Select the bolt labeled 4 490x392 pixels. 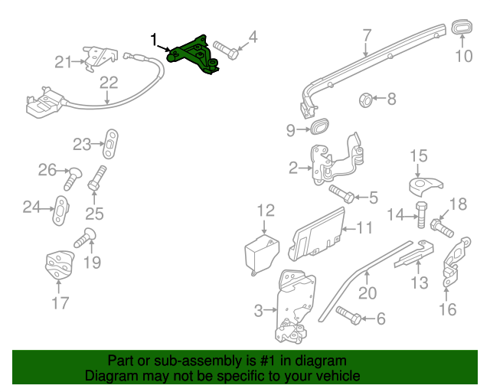click(x=225, y=48)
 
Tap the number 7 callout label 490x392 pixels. click(x=367, y=34)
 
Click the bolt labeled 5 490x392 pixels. click(x=341, y=194)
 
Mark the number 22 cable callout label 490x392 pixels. click(x=108, y=82)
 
